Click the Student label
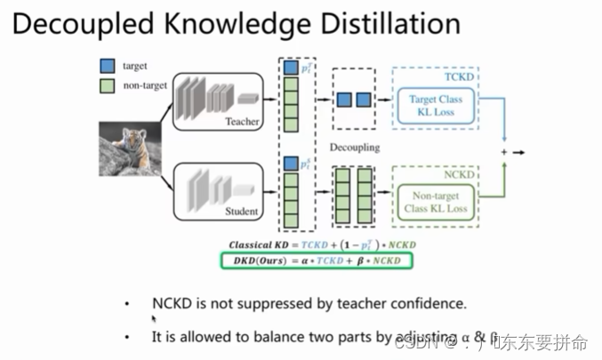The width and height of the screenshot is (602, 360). tap(242, 212)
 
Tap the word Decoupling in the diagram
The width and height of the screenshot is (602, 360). tap(354, 146)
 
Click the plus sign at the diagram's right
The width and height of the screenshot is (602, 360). tap(503, 153)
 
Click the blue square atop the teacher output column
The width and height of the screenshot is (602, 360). tap(290, 67)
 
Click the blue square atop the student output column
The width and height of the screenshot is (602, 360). tap(290, 164)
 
